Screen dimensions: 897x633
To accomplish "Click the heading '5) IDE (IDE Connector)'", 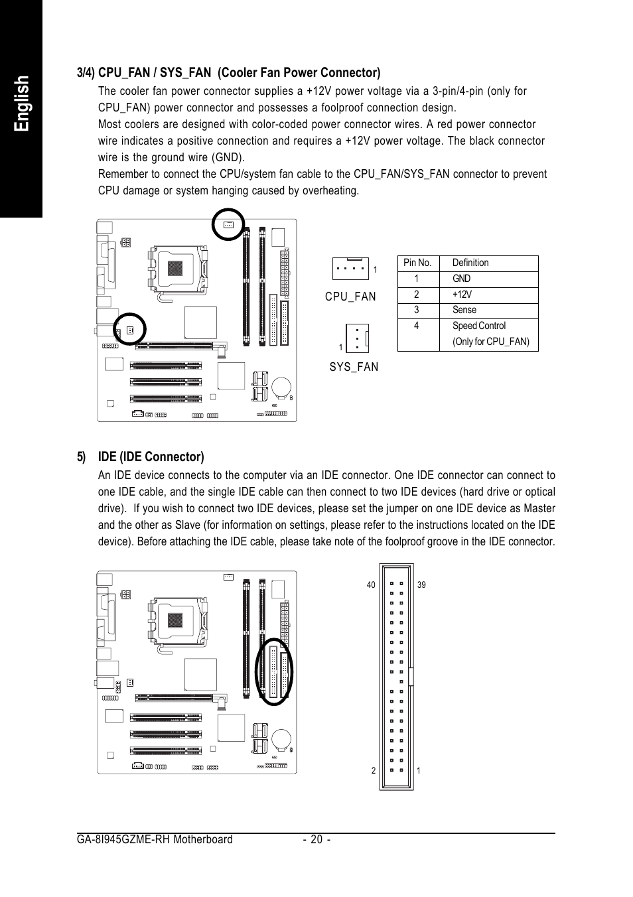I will point(140,456).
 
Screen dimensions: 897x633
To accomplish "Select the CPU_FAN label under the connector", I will point(350,297).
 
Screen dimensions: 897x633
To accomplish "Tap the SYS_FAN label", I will point(354,367).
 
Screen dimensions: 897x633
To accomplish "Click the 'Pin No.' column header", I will point(417,263).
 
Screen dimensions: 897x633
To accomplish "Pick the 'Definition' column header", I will point(470,263).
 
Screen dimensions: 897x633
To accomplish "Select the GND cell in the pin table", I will point(461,279).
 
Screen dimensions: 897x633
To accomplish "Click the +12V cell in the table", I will point(462,295).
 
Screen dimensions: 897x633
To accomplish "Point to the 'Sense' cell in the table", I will point(464,310).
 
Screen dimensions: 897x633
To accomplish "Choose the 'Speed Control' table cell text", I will point(478,326).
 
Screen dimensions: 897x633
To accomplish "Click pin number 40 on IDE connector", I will point(370,585).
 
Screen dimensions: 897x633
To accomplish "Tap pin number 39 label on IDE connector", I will point(421,585).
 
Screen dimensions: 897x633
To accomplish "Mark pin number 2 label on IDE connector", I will point(373,770).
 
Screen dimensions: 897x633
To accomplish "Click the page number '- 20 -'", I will point(316,839).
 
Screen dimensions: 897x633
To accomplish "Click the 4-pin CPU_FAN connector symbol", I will point(350,269).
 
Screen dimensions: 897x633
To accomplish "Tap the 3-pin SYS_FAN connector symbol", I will point(357,338).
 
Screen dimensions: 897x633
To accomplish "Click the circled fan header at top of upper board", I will point(228,225).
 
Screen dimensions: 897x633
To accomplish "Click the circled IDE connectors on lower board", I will point(275,671).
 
